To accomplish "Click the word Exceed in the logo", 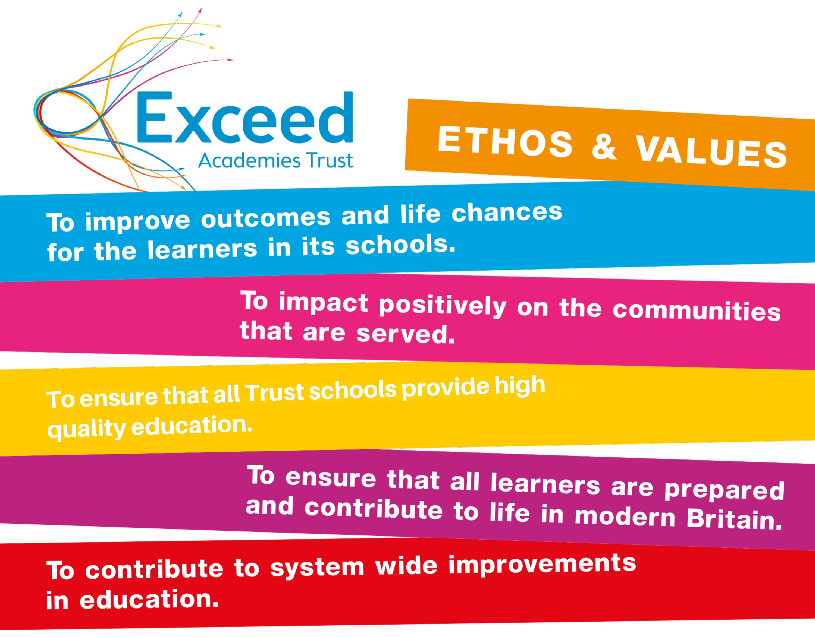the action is coord(245,118).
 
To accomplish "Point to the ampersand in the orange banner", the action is coord(604,147).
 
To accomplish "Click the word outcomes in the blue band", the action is coord(266,218).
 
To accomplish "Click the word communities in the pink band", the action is coord(697,311).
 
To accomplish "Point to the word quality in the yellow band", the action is coord(87,429).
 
